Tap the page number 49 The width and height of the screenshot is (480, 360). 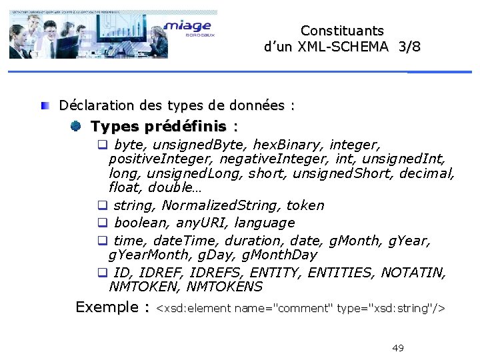(398, 348)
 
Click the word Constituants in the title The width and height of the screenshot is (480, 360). (342, 31)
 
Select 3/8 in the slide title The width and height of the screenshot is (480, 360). (410, 47)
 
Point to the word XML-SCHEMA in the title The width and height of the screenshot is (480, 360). (345, 47)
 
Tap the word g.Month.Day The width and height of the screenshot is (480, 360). (275, 255)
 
